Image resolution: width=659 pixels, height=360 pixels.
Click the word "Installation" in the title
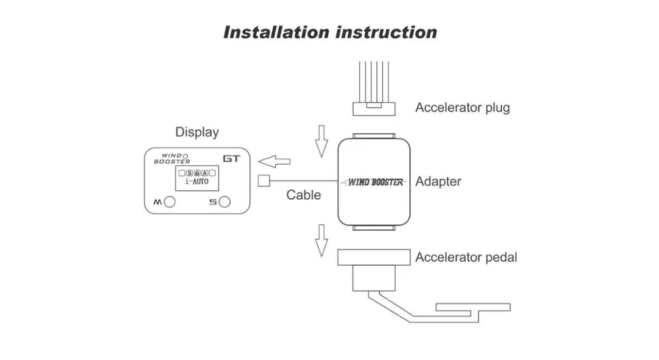[x=276, y=32]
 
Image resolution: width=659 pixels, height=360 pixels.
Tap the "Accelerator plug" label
[x=463, y=108]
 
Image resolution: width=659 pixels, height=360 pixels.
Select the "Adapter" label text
[x=438, y=182]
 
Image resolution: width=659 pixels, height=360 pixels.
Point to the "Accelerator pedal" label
[x=466, y=257]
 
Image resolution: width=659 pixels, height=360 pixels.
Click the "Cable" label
[x=303, y=195]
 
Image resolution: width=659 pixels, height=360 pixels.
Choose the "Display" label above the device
[x=197, y=133]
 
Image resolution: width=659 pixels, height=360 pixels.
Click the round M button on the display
[x=169, y=202]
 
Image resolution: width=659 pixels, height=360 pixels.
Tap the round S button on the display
[x=225, y=202]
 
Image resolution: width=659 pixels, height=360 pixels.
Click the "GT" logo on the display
[x=231, y=158]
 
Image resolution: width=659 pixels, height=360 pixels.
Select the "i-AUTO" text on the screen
[x=197, y=182]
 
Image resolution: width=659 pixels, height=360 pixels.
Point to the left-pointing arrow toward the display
[x=274, y=162]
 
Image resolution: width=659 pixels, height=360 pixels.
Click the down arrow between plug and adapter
[x=322, y=141]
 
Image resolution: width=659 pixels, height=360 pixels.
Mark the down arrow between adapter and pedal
[x=322, y=241]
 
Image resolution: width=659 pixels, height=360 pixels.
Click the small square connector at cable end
[x=264, y=181]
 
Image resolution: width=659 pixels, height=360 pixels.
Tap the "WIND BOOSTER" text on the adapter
[x=376, y=182]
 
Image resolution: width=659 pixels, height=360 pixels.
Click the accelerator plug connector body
[x=374, y=109]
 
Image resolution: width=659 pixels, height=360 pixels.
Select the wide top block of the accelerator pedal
[x=374, y=257]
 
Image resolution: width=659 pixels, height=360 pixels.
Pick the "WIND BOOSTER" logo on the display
[x=172, y=158]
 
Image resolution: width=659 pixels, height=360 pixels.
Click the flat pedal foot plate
[x=473, y=307]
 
